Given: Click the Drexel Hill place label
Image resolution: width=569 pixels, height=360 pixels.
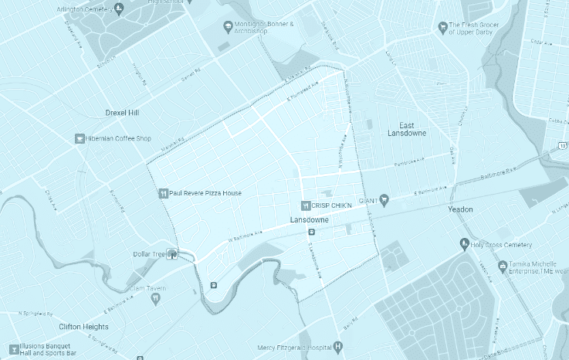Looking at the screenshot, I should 122,113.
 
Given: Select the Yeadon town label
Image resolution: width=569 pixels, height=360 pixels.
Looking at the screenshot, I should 460,209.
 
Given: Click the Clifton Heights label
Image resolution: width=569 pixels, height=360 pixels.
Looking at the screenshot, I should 83,327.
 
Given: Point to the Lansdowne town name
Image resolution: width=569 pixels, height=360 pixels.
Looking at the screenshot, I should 310,220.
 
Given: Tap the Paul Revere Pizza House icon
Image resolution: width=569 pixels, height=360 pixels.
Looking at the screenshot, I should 163,193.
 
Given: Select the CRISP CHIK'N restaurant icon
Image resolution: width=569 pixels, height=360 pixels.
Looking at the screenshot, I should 305,205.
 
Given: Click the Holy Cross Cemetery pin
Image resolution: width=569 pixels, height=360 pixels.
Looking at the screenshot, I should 463,244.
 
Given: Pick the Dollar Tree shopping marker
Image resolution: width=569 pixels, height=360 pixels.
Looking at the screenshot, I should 174,253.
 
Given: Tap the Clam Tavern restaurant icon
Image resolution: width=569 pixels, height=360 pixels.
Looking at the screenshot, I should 155,297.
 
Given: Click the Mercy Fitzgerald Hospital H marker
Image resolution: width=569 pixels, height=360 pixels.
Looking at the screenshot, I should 337,347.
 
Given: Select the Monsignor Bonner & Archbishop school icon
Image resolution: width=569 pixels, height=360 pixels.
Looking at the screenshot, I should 228,28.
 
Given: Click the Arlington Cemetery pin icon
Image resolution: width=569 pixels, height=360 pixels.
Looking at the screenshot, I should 118,8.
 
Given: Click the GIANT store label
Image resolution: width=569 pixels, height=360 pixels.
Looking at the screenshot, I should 367,199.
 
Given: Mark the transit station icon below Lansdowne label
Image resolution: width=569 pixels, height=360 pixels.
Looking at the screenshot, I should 311,232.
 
